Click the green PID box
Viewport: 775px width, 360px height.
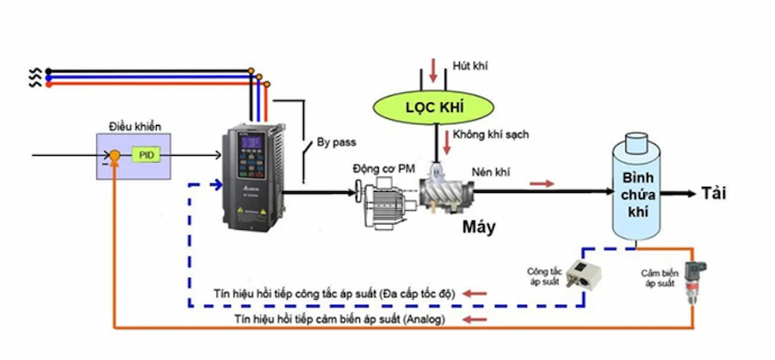tap(144, 155)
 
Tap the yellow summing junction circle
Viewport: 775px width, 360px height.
tap(114, 156)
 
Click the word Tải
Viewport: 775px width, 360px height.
tap(714, 193)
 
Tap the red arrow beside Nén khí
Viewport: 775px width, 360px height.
tap(541, 183)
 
